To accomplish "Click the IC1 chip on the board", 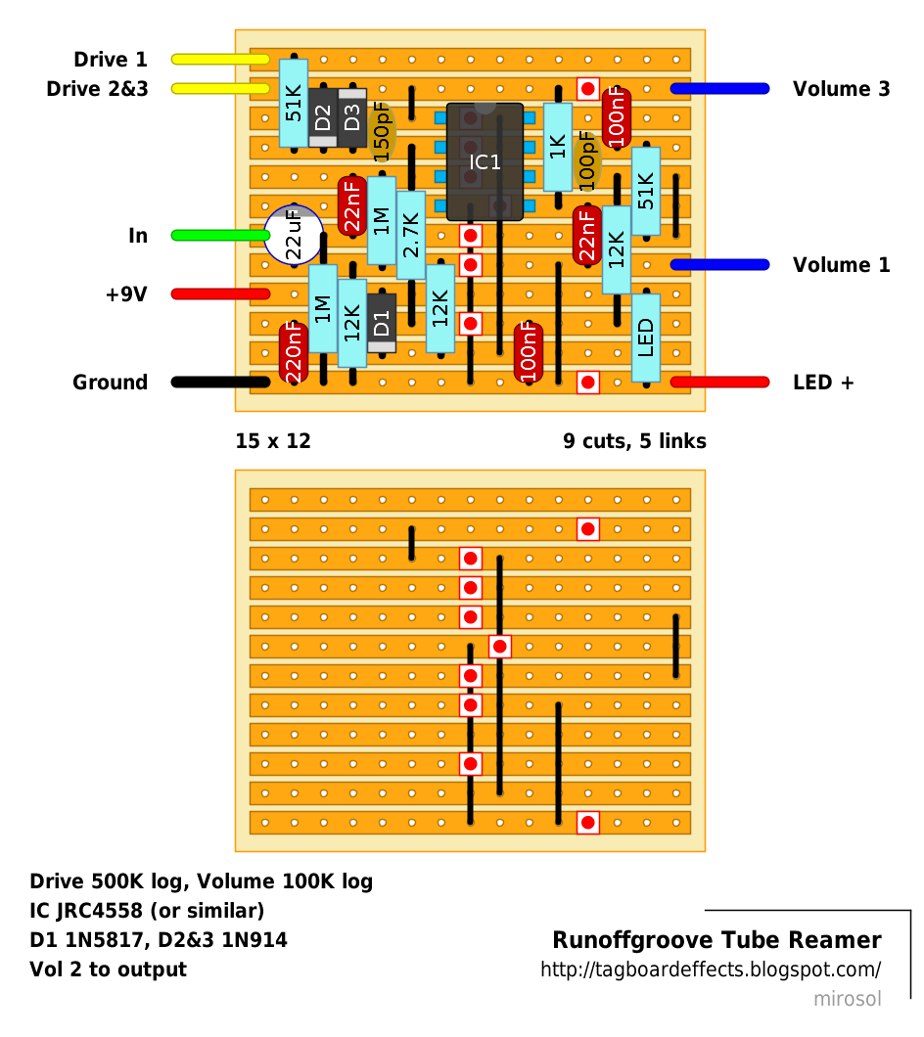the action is [485, 162].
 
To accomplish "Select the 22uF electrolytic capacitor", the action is [294, 235].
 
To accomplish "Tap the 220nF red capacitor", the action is [294, 352].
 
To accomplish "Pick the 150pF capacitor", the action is [382, 132].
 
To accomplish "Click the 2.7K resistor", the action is [411, 235].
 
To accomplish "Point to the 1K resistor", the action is [558, 147].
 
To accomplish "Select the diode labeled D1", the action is [382, 324].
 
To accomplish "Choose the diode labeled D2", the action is [323, 117].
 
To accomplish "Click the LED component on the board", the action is [646, 338].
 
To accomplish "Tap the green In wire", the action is [220, 236].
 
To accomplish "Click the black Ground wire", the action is [220, 383].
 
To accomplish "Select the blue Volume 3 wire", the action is [719, 89].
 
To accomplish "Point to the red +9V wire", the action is [220, 294].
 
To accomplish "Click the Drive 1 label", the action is [111, 60].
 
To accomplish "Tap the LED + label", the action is [823, 383].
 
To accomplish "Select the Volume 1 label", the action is [841, 265].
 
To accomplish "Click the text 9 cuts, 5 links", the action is [634, 441].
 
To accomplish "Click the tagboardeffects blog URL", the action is [711, 969].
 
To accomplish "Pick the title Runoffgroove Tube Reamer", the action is [716, 940].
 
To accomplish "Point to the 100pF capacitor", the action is [587, 161].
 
